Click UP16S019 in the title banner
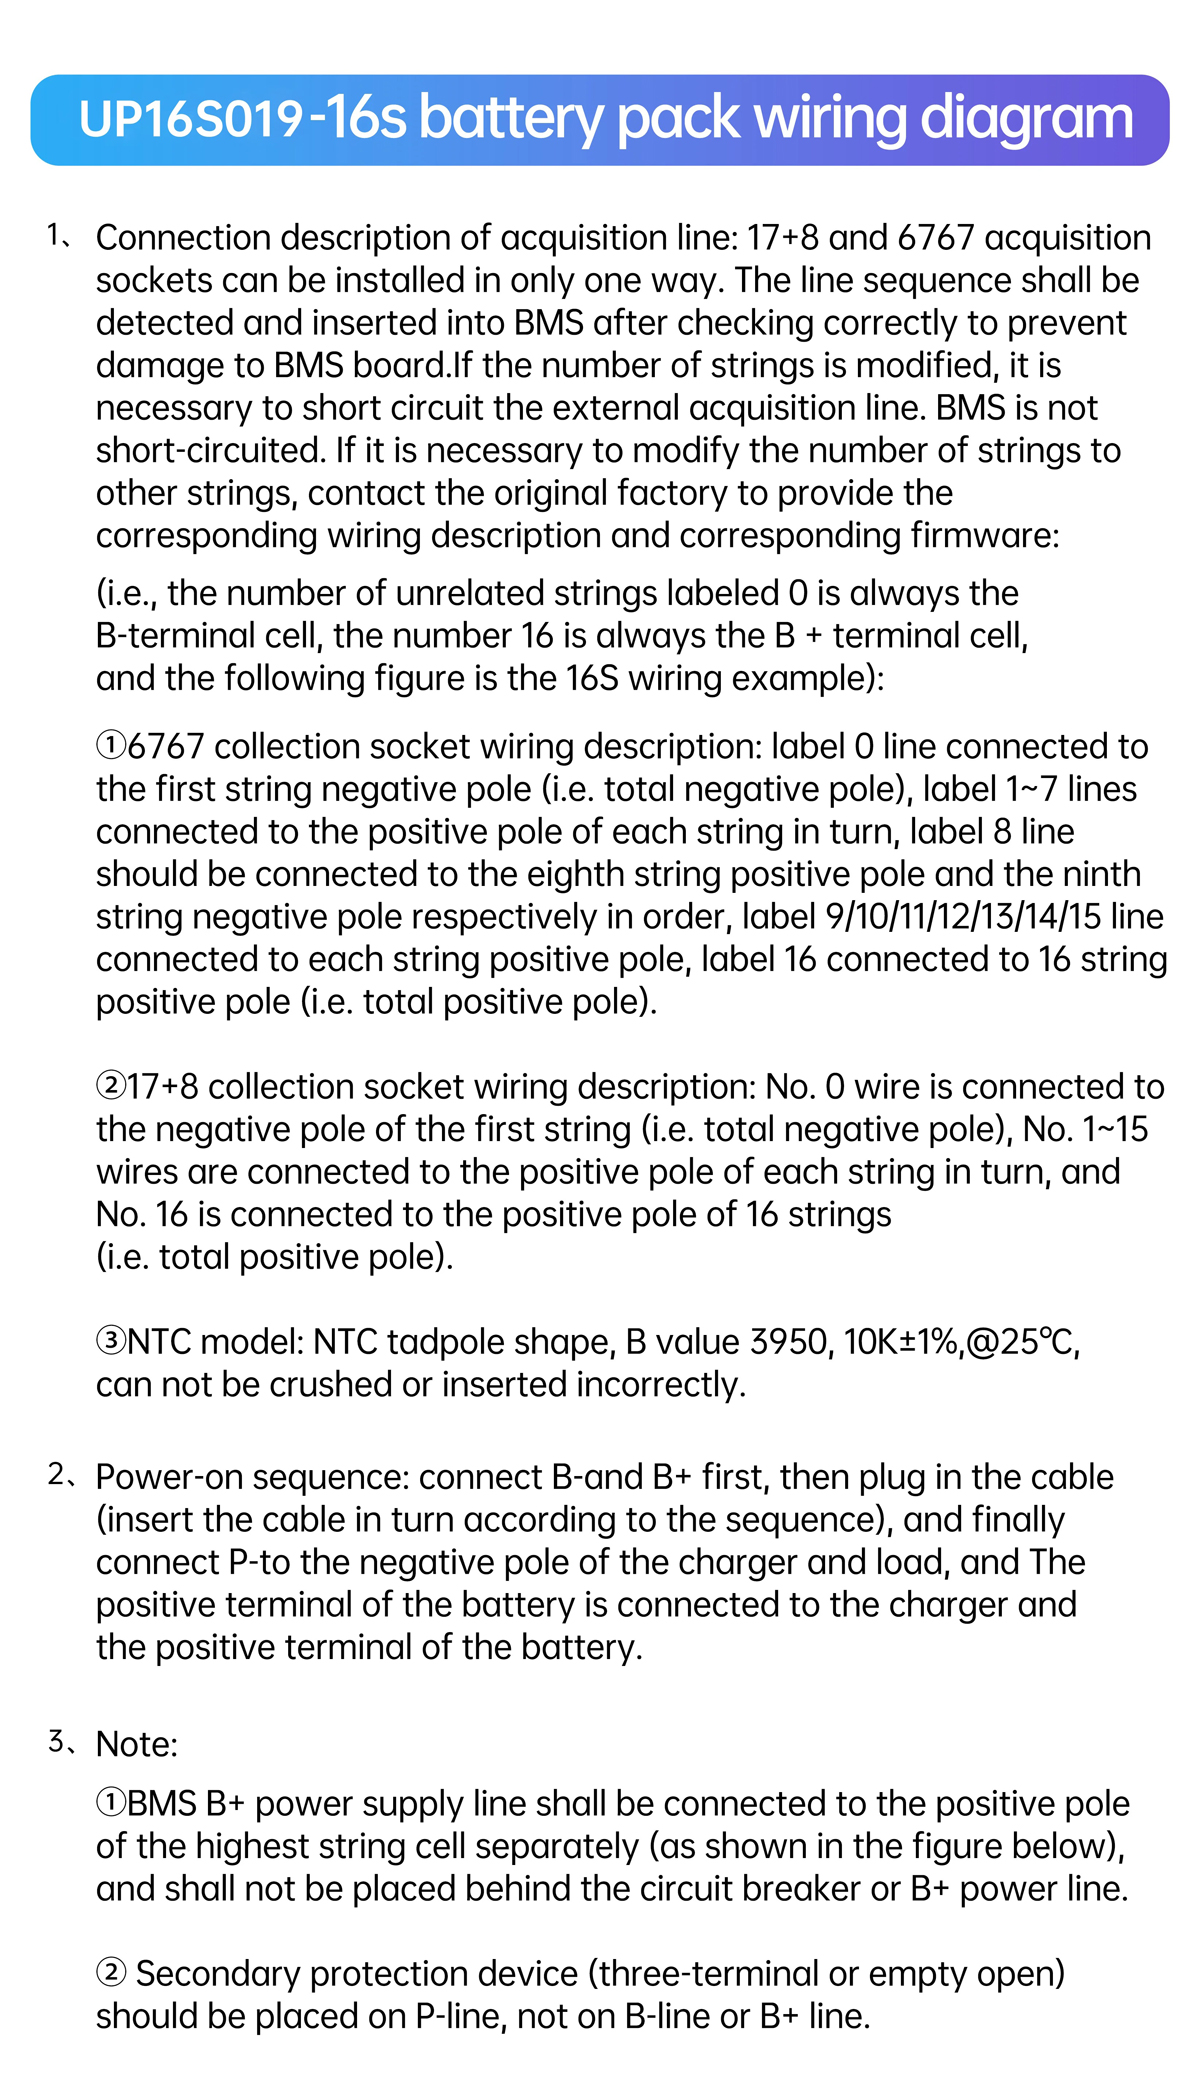[190, 121]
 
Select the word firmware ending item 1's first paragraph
[984, 536]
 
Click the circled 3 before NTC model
[110, 1342]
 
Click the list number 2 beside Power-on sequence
[56, 1475]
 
